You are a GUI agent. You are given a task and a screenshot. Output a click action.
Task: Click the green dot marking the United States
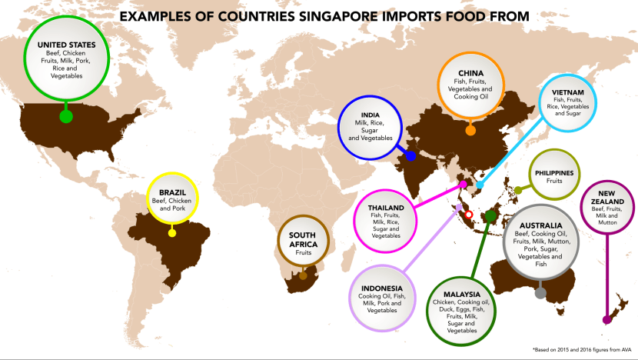pos(66,116)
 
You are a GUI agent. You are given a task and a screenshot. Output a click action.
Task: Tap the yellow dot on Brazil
pos(172,232)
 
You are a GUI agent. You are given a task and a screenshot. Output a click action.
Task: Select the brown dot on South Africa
pos(303,275)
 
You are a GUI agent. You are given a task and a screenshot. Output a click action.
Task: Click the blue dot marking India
pos(411,155)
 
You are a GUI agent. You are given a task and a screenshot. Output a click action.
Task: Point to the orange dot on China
pos(470,130)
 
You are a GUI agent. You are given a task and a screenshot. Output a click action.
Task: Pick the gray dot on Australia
pos(540,292)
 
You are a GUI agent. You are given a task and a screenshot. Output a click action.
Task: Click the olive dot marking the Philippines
pos(518,189)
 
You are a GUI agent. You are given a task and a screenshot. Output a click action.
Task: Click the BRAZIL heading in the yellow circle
pos(171,193)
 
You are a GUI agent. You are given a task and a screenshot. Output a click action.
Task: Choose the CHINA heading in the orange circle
pos(470,73)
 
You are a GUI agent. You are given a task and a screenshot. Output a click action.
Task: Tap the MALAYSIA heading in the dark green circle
pos(461,294)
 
